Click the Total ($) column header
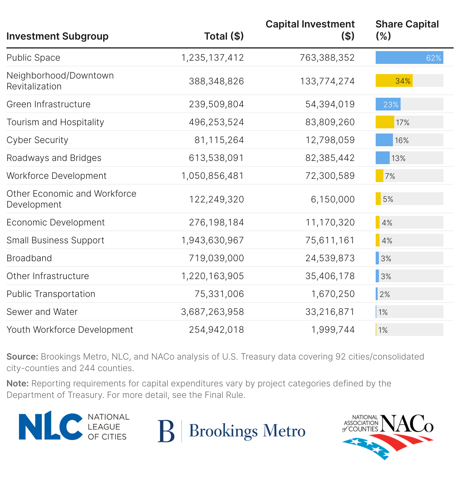[224, 36]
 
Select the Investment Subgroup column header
[57, 36]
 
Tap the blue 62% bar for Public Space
[409, 57]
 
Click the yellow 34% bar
[394, 81]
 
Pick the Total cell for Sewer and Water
[212, 312]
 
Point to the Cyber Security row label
[37, 140]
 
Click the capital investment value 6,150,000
[333, 199]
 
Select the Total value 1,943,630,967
[212, 240]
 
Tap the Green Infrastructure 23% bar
[388, 104]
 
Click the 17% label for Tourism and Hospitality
[402, 122]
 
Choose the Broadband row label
[29, 258]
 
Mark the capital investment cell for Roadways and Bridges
[330, 158]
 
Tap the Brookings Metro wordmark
[247, 431]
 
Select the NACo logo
[388, 436]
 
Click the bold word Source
[22, 357]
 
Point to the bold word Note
[18, 384]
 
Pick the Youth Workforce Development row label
[70, 330]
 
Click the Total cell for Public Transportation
[219, 294]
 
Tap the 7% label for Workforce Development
[390, 176]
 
